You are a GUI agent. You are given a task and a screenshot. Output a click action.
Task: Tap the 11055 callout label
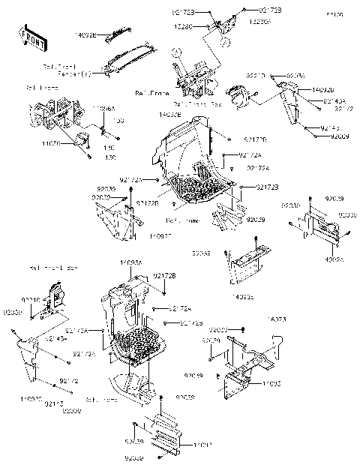[271, 384]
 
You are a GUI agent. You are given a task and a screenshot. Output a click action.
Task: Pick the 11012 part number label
[182, 445]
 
